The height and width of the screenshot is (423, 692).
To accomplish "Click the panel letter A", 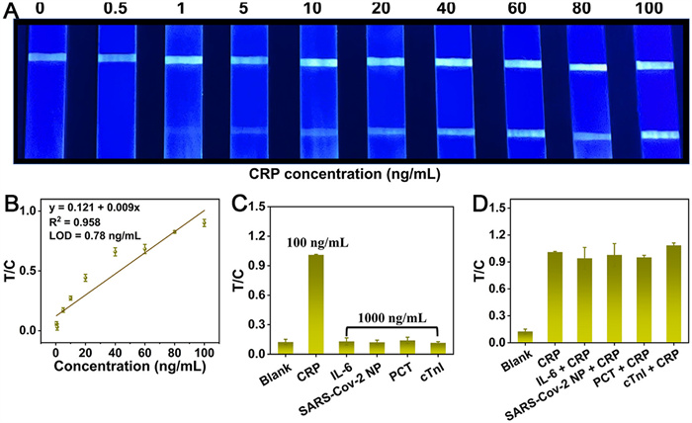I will pyautogui.click(x=10, y=12).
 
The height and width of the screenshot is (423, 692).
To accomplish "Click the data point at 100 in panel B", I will pyautogui.click(x=204, y=223).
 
